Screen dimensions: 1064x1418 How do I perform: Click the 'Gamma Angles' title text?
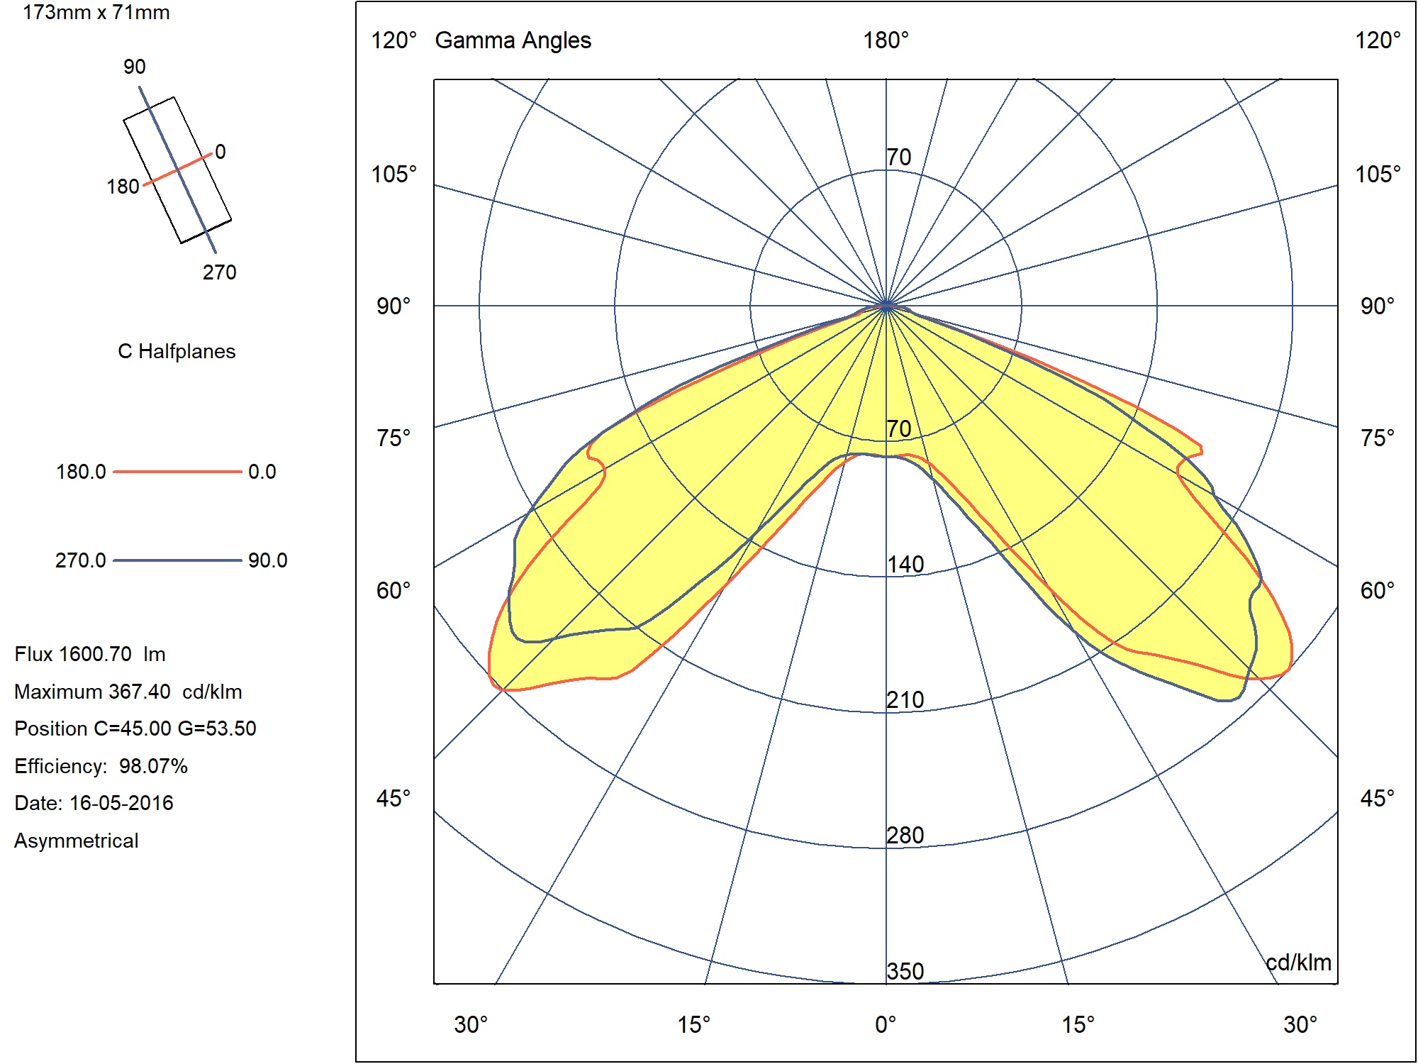pyautogui.click(x=513, y=40)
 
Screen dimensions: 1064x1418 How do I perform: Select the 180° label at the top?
pyautogui.click(x=886, y=40)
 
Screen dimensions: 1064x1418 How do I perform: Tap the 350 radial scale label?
pyautogui.click(x=905, y=971)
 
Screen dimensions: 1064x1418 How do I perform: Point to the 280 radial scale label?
pyautogui.click(x=905, y=836)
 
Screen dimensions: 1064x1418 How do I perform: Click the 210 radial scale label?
pyautogui.click(x=905, y=700)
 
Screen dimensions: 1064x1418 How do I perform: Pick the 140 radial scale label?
pyautogui.click(x=905, y=565)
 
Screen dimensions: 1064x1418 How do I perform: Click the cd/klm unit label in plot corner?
pyautogui.click(x=1298, y=963)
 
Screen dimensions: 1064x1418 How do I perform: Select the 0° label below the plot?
pyautogui.click(x=886, y=1025)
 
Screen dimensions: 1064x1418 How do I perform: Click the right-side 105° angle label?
pyautogui.click(x=1378, y=174)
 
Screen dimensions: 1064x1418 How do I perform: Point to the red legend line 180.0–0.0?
pyautogui.click(x=177, y=472)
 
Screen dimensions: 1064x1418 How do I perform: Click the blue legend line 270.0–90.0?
pyautogui.click(x=177, y=560)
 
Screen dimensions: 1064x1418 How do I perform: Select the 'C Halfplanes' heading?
pyautogui.click(x=177, y=351)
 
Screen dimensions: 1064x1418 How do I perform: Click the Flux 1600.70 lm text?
pyautogui.click(x=90, y=654)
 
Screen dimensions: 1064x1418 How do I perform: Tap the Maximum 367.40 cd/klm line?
pyautogui.click(x=128, y=692)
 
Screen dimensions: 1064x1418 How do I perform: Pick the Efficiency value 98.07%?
pyautogui.click(x=153, y=766)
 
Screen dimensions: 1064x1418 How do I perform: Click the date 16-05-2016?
pyautogui.click(x=121, y=803)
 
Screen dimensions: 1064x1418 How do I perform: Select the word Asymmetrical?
pyautogui.click(x=77, y=841)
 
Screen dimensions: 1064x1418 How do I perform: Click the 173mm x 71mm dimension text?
pyautogui.click(x=96, y=13)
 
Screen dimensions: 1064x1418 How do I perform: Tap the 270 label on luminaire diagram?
pyautogui.click(x=219, y=272)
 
